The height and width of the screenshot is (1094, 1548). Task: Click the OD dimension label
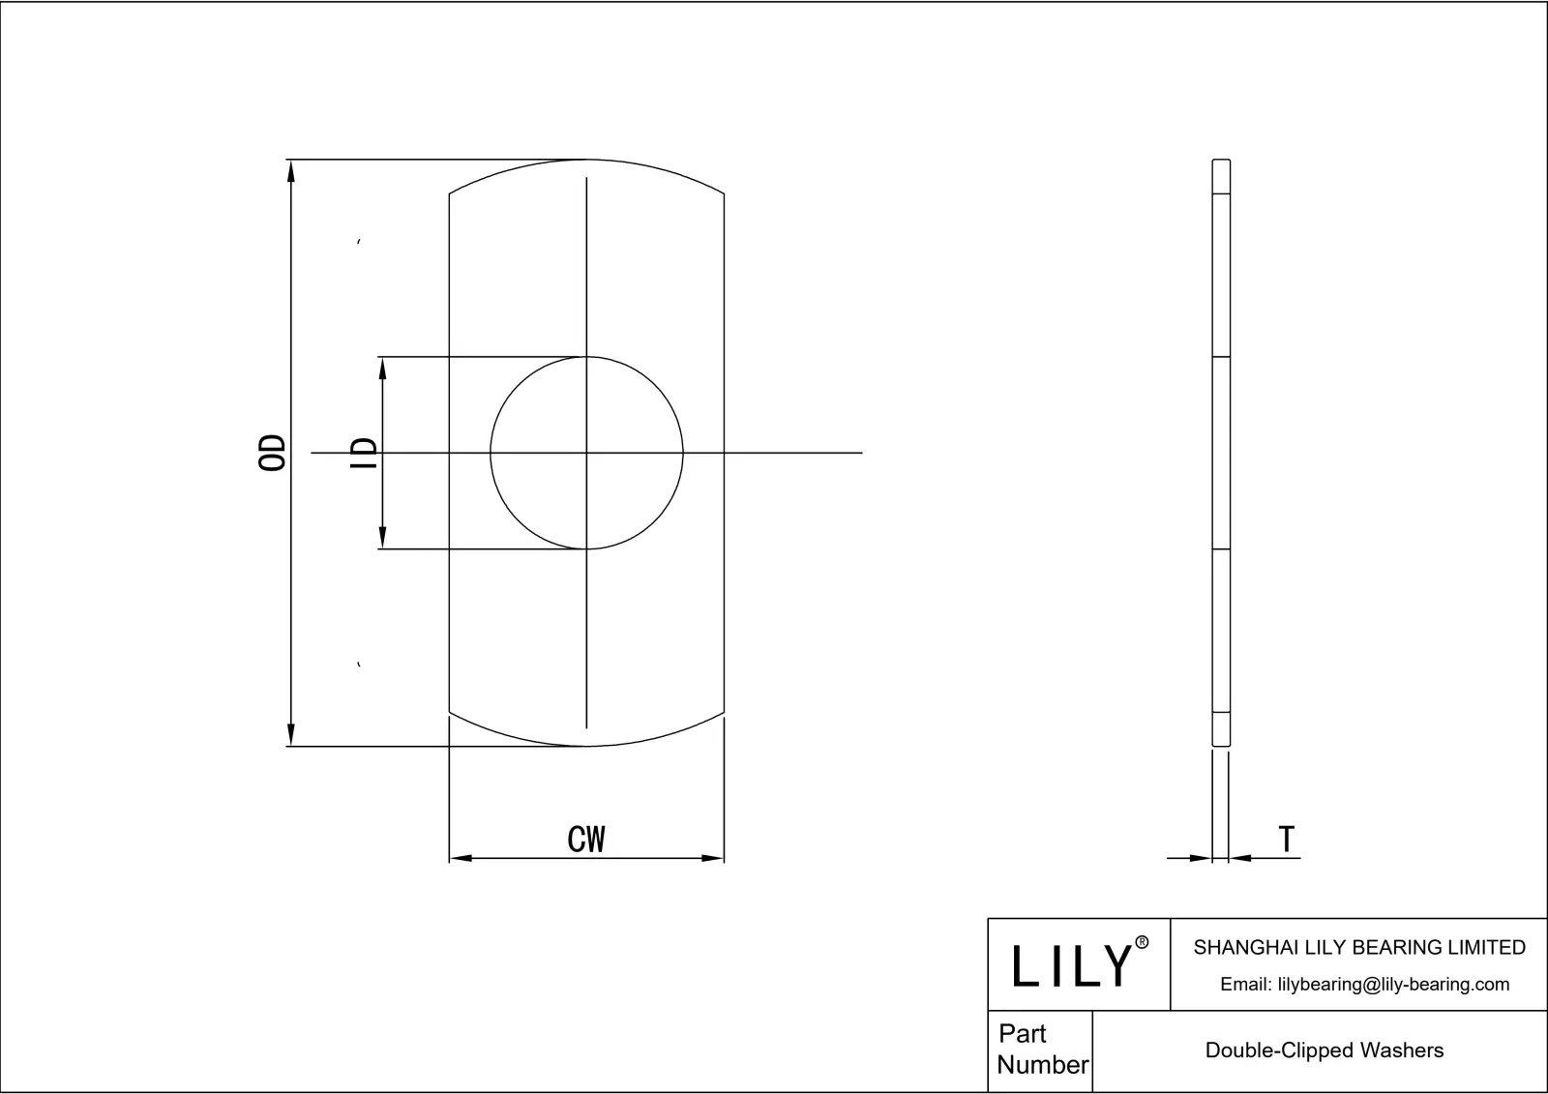click(274, 453)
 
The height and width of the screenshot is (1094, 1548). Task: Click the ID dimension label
click(364, 454)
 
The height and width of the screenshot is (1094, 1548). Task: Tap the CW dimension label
click(586, 839)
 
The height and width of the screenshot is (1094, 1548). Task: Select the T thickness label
click(1286, 839)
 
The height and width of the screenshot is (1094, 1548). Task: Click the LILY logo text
click(1072, 965)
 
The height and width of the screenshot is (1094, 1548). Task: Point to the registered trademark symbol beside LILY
click(1142, 943)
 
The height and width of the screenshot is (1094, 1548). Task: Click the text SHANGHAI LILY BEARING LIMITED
click(1358, 948)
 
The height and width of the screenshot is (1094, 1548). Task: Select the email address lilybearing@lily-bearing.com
click(1393, 985)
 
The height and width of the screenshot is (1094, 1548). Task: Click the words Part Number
click(1042, 1050)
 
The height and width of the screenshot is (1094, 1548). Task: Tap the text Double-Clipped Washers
click(1324, 1050)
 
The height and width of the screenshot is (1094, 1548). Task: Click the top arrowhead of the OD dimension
click(290, 170)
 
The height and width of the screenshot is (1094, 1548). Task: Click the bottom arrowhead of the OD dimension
click(290, 735)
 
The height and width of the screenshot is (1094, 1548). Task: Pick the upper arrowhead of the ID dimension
click(383, 368)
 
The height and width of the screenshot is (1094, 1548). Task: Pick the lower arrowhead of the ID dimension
click(383, 538)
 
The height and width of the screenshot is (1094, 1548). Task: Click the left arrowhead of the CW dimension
click(461, 858)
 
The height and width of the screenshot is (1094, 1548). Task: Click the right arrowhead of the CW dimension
click(713, 858)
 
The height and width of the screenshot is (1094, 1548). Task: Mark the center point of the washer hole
click(586, 453)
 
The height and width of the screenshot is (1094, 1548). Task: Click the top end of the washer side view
click(1221, 162)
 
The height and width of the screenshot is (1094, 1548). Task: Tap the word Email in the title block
click(1245, 985)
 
